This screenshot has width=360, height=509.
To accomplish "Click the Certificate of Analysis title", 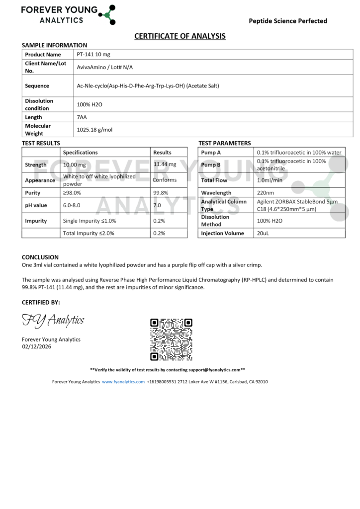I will point(180,36).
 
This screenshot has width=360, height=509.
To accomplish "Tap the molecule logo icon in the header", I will point(107,14).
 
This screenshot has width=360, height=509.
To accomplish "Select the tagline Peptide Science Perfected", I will point(288,21).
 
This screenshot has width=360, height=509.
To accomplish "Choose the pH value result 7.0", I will point(157,205).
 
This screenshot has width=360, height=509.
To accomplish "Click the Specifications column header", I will point(81,153).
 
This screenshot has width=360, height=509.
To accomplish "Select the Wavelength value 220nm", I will point(266,193).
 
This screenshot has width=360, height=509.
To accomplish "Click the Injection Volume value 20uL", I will point(263,233).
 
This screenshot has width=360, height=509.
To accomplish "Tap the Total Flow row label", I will point(214,180).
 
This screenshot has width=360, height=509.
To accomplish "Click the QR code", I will point(171,339).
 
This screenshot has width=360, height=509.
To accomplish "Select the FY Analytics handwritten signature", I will point(53,321).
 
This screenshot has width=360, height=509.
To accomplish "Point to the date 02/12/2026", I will point(36,346).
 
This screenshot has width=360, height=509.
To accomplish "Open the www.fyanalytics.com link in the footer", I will point(123,382).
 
